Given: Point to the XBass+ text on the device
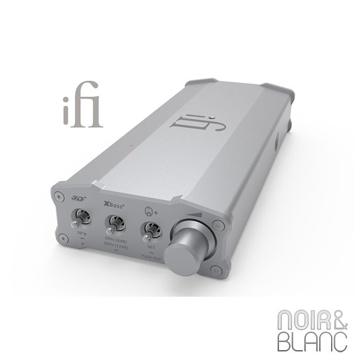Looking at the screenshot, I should pyautogui.click(x=114, y=203).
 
